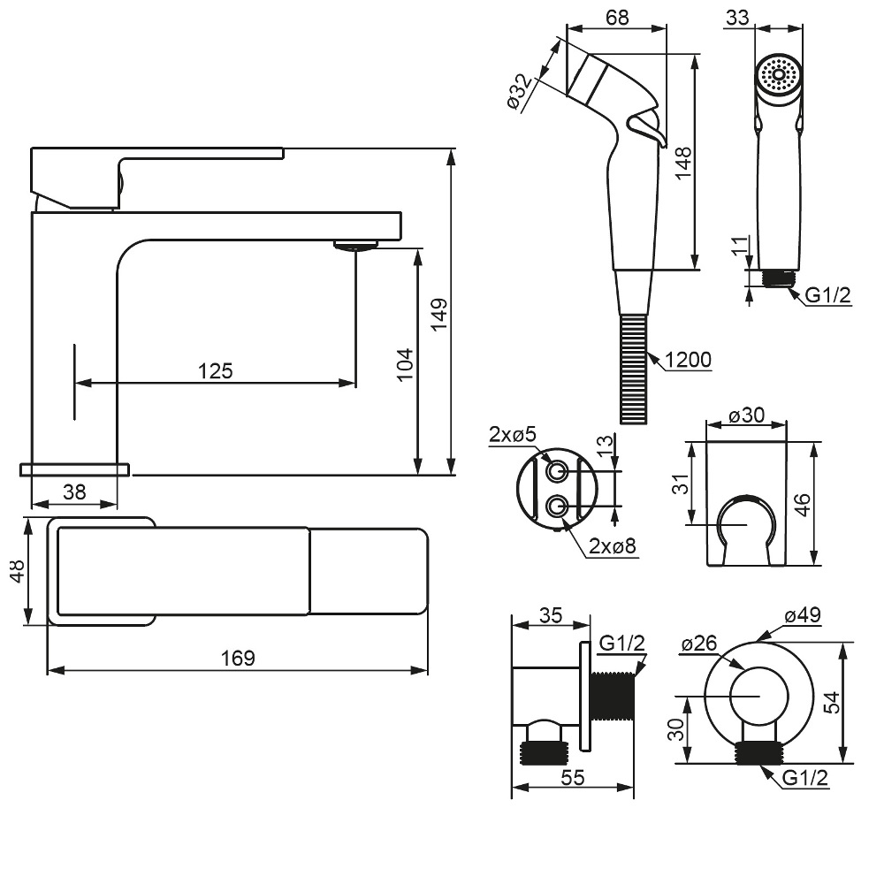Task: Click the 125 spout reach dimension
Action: (216, 371)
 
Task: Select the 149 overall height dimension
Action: (439, 314)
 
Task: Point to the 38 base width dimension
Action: (74, 492)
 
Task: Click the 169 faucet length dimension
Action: (238, 659)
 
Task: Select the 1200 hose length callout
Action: (688, 360)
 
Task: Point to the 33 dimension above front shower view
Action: (735, 17)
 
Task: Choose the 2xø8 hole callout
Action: (613, 546)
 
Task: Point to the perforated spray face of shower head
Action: (778, 74)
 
